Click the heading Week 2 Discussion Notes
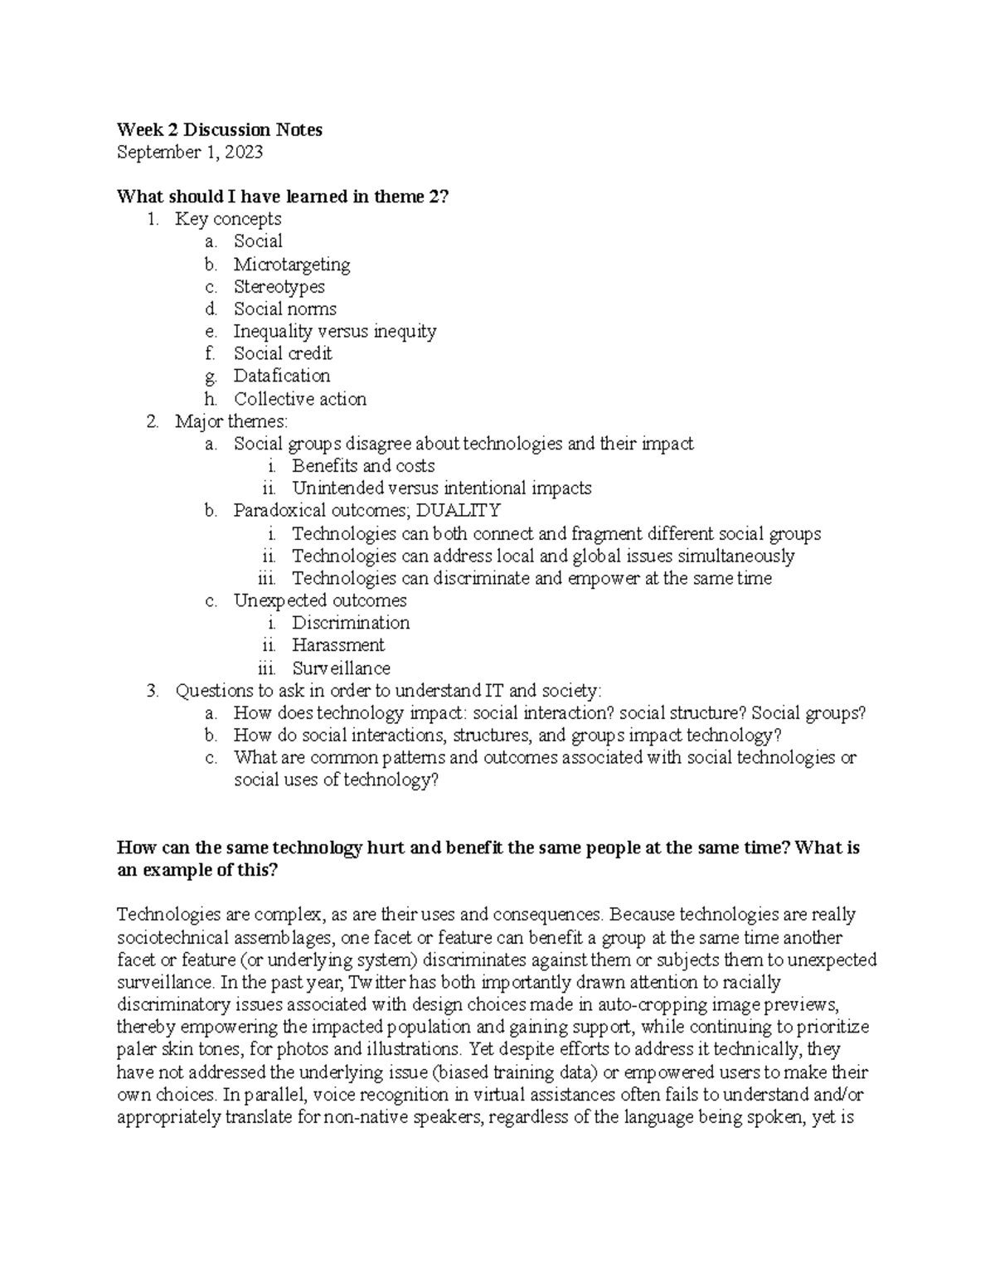[x=220, y=129]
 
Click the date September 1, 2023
[x=191, y=152]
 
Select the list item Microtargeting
[x=292, y=265]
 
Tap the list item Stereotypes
[x=279, y=287]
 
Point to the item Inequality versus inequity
[x=334, y=332]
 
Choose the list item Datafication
[x=281, y=376]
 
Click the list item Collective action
[x=299, y=399]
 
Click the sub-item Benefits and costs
[x=363, y=466]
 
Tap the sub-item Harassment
[x=337, y=645]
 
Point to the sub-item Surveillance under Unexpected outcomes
[x=341, y=668]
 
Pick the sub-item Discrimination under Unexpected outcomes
[x=351, y=623]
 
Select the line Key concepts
[x=228, y=219]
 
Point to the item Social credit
[x=283, y=354]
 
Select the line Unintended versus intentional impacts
[x=441, y=488]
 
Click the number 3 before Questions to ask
[x=152, y=691]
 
